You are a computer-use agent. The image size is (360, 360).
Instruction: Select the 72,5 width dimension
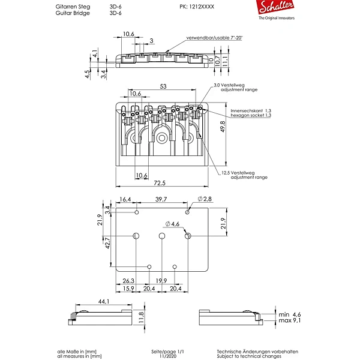(x=160, y=183)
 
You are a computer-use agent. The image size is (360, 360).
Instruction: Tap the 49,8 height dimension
(x=223, y=127)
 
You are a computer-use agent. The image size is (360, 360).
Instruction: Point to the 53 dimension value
(x=163, y=86)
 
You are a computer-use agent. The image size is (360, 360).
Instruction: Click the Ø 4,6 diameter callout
(x=172, y=224)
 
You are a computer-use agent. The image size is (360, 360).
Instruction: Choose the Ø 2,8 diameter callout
(x=205, y=199)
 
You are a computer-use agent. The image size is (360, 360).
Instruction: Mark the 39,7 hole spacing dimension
(x=161, y=199)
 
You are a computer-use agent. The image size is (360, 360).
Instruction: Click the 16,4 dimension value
(x=125, y=199)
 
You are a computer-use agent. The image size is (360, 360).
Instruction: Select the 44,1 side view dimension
(x=104, y=301)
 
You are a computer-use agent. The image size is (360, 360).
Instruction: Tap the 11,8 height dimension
(x=141, y=318)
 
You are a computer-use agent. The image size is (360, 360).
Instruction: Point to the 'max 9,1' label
(x=290, y=320)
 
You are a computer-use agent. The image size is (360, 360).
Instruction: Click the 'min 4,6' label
(x=290, y=314)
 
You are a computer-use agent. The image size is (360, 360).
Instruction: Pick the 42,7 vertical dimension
(x=107, y=244)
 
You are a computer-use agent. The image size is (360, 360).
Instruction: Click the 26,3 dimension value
(x=128, y=281)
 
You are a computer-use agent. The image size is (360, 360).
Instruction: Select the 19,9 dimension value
(x=161, y=281)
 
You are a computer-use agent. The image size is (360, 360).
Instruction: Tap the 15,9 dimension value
(x=128, y=289)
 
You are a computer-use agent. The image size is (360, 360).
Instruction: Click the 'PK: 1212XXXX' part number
(x=197, y=7)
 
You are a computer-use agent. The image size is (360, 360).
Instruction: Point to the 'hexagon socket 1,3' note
(x=251, y=115)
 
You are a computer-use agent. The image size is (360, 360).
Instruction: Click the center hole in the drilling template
(x=162, y=236)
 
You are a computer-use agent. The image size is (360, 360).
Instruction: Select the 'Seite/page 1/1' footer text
(x=167, y=352)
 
